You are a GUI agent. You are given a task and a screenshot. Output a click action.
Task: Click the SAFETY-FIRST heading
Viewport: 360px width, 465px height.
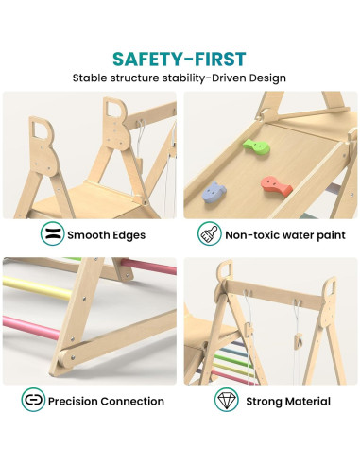tap(180, 59)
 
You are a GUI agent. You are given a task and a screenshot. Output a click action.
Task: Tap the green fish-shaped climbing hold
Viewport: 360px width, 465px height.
tap(251, 146)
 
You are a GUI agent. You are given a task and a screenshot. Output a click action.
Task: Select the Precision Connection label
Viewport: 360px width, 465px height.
tap(106, 401)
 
